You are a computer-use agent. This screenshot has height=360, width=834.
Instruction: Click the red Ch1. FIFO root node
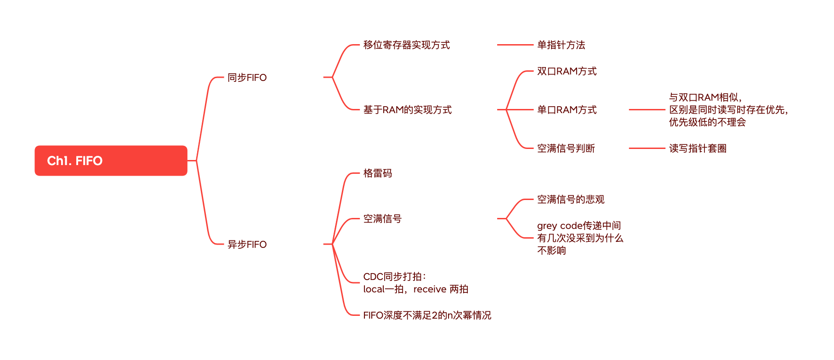(111, 160)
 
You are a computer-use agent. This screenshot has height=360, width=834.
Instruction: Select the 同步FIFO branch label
(247, 78)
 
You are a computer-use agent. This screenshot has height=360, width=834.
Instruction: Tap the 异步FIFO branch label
(247, 245)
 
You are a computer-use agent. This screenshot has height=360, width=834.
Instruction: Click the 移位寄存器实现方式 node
(406, 45)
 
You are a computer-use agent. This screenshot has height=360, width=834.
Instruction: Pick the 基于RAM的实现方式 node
(407, 110)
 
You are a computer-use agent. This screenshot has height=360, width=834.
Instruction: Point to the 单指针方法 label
(561, 45)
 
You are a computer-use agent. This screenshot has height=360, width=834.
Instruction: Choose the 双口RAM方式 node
(567, 71)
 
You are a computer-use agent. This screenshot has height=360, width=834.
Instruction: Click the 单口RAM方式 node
(567, 110)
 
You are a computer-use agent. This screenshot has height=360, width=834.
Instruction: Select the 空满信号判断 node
(566, 149)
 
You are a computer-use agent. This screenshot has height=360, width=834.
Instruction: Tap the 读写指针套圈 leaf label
(698, 149)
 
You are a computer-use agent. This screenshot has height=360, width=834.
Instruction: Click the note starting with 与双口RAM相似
(728, 110)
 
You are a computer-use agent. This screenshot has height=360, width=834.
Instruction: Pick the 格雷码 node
(377, 173)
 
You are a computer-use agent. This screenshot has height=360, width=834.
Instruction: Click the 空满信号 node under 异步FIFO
(382, 219)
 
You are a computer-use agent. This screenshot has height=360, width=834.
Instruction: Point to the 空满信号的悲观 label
(570, 200)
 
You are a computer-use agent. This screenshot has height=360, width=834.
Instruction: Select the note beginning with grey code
(579, 238)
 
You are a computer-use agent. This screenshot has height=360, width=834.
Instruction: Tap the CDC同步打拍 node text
(415, 283)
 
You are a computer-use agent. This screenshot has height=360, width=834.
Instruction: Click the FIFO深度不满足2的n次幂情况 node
(427, 315)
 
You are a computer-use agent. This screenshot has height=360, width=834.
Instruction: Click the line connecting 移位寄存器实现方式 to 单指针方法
(515, 45)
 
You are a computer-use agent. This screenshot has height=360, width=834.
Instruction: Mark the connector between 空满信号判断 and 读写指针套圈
(647, 149)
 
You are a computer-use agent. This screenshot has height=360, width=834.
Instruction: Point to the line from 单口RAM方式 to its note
(647, 110)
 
